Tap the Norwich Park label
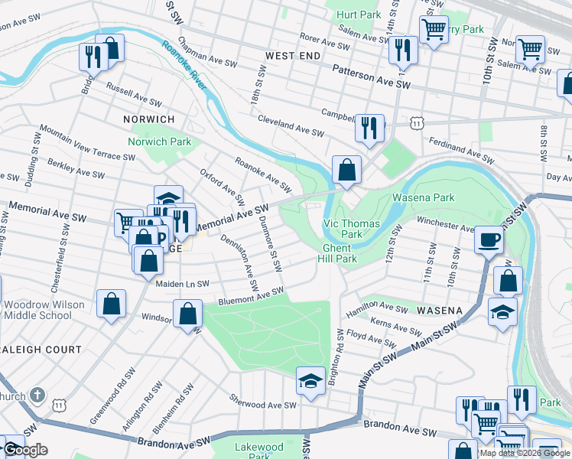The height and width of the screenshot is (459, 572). tap(159, 142)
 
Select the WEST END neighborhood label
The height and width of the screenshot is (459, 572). tap(293, 57)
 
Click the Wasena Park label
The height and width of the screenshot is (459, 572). tap(423, 197)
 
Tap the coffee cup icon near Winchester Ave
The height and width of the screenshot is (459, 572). tap(489, 239)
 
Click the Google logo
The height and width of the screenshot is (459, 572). tap(25, 450)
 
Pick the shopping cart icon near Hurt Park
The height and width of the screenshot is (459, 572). tap(434, 31)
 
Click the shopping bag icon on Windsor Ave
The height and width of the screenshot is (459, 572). tap(187, 314)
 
